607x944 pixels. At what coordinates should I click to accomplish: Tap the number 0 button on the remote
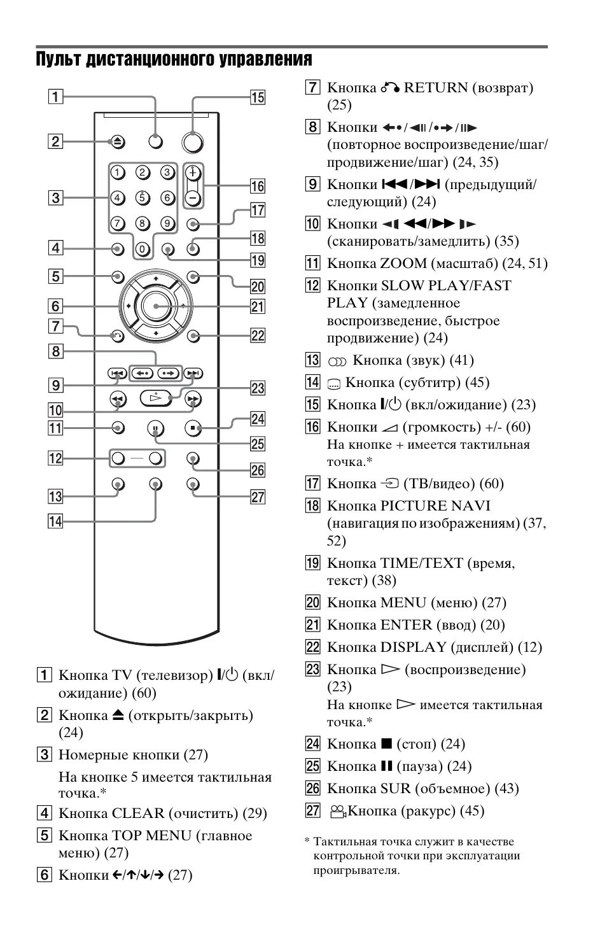(143, 249)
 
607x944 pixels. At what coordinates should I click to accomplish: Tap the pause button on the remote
(155, 428)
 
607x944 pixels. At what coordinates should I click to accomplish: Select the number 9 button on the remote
(167, 223)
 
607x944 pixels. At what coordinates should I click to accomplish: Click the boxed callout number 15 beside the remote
(257, 97)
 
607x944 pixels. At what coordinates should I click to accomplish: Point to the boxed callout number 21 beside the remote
(257, 307)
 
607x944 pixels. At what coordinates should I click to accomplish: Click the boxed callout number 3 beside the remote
(56, 197)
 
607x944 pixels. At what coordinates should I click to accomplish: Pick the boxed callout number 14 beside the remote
(56, 522)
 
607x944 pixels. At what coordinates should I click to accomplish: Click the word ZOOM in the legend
(403, 264)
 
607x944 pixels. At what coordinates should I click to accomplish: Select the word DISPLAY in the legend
(413, 647)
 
